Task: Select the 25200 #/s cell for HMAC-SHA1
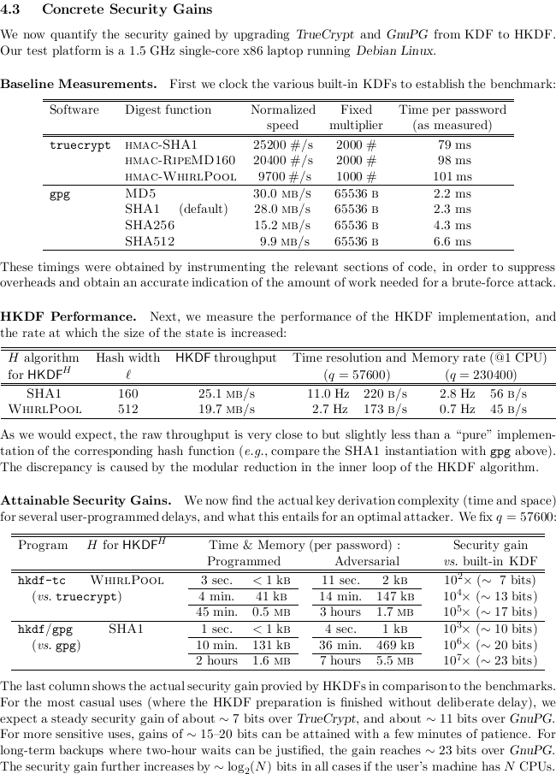coord(282,145)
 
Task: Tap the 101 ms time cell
coord(452,177)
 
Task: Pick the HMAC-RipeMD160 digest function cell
coord(180,161)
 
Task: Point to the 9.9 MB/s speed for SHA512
coord(285,241)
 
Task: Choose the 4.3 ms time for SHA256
coord(452,225)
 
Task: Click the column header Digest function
coord(168,109)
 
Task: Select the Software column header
coord(74,109)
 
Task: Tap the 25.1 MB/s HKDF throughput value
coord(226,393)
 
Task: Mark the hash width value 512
coord(127,409)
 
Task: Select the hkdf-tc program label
coord(41,580)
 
